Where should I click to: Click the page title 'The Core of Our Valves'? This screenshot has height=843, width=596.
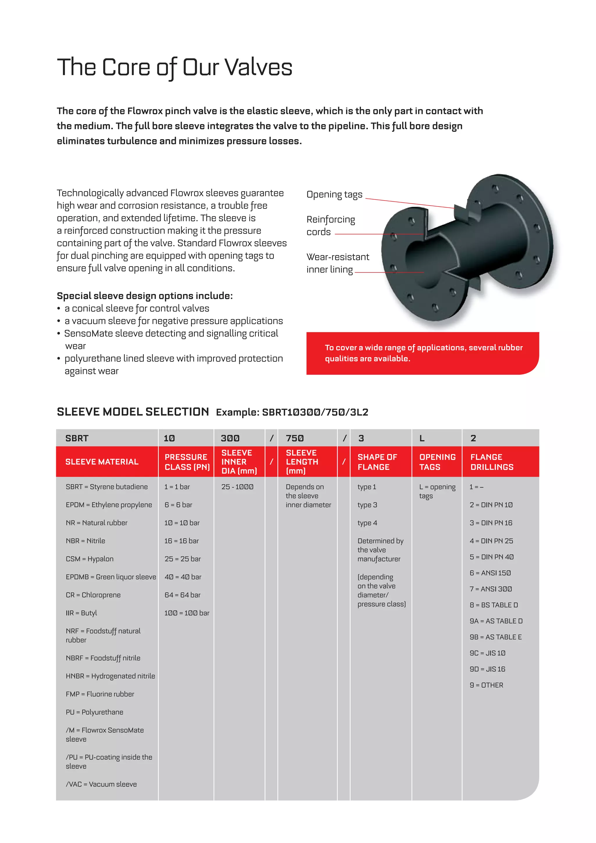[x=175, y=68]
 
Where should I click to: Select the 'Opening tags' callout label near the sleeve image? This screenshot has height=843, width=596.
[x=334, y=195]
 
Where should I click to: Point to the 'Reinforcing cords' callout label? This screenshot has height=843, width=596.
[x=330, y=225]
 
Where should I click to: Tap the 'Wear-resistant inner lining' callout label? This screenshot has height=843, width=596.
[x=338, y=263]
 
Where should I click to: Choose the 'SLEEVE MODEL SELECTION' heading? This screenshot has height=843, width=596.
[x=133, y=412]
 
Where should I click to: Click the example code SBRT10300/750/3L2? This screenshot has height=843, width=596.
[x=315, y=412]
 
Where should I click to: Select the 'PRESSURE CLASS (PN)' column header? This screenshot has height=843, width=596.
[x=187, y=462]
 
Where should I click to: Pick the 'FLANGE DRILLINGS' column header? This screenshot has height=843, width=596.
[x=492, y=462]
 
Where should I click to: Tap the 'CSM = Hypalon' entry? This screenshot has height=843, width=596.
[x=90, y=559]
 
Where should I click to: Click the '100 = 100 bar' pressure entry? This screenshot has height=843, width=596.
[x=187, y=613]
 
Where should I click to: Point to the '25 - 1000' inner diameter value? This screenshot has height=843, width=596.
[x=237, y=487]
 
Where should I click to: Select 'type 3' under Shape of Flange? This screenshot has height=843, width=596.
[x=367, y=505]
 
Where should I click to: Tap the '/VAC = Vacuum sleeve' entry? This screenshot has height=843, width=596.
[x=101, y=784]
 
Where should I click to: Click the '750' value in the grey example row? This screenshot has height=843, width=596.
[x=295, y=438]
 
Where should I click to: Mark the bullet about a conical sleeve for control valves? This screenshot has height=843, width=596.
[x=136, y=309]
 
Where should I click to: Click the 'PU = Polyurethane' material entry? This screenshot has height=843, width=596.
[x=94, y=712]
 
